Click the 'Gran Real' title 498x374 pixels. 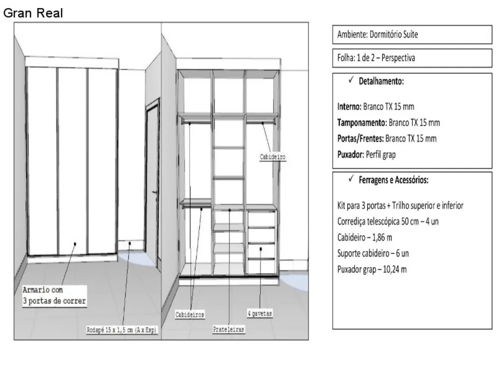point(33,13)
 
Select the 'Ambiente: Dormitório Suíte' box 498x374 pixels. point(412,34)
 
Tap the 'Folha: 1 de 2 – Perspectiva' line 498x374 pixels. point(376,58)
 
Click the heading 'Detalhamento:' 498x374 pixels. point(381,81)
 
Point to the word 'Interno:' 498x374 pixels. point(350,107)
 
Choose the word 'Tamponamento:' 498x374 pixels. point(362,123)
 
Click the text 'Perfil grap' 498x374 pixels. point(381,155)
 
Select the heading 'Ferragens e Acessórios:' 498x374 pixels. point(393,180)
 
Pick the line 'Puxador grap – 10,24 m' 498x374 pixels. point(372,269)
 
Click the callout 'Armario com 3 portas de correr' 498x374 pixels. point(54,295)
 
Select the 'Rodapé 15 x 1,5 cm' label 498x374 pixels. point(122,330)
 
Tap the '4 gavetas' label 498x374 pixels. point(260,314)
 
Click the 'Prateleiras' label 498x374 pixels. point(229,330)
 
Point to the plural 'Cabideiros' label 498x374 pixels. point(190,315)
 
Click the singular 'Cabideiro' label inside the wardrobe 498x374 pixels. point(272,157)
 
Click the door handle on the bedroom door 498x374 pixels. point(155,192)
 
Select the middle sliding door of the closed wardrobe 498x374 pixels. point(72,161)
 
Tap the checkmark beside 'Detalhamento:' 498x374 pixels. point(351,80)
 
